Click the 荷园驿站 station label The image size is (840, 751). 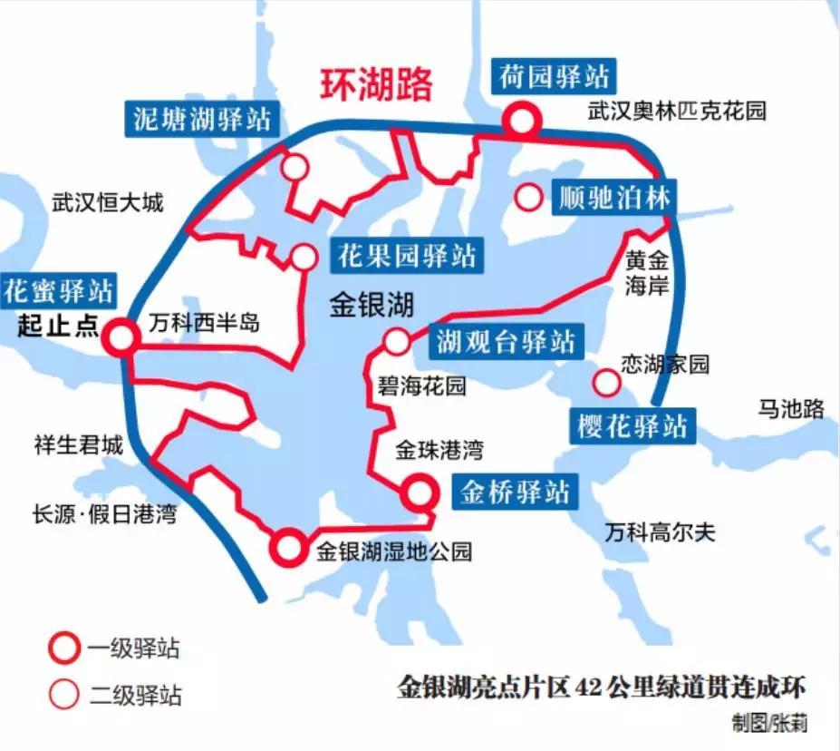click(555, 75)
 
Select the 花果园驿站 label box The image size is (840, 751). click(406, 257)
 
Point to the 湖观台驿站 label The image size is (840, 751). click(505, 342)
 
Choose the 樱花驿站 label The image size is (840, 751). click(632, 426)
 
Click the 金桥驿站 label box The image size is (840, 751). click(515, 492)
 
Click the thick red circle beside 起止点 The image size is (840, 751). click(120, 337)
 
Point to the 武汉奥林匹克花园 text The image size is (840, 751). click(676, 112)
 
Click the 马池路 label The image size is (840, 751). click(791, 410)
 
